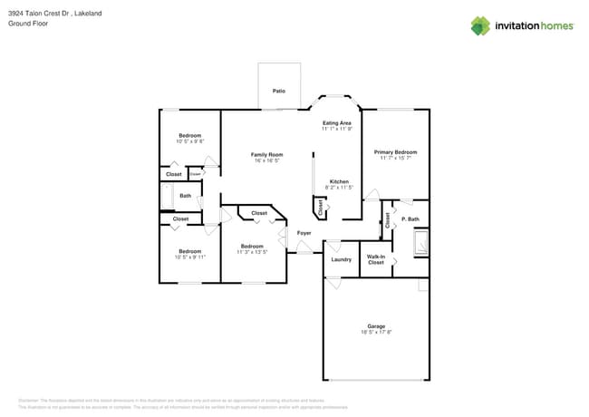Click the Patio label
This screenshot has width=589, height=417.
279,92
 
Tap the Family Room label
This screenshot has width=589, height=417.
266,155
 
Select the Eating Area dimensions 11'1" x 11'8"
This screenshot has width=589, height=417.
336,129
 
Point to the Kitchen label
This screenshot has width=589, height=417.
339,181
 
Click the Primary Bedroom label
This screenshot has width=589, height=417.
395,152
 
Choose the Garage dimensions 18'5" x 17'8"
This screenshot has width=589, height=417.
375,332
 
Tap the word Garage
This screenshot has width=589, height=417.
375,326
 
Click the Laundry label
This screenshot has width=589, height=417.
341,259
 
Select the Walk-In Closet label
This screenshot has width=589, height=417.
375,259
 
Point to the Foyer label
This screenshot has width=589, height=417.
304,233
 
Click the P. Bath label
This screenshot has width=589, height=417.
410,218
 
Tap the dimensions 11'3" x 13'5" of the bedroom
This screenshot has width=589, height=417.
251,252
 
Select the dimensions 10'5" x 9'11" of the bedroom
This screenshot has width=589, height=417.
189,257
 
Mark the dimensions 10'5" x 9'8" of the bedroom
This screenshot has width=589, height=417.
189,141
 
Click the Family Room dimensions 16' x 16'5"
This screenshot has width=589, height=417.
266,160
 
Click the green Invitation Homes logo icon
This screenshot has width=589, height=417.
479,25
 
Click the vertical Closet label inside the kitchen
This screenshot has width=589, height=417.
320,208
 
